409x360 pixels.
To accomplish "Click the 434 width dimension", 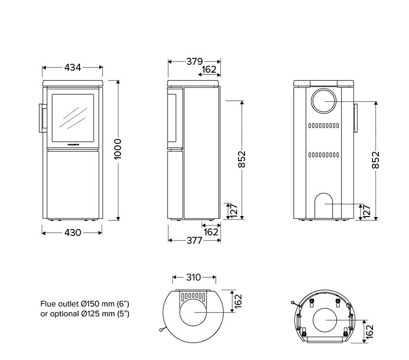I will click(73, 68).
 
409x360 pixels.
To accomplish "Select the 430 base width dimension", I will click(73, 232).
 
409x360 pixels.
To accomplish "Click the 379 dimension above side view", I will click(194, 62).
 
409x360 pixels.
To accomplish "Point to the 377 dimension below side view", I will click(194, 241).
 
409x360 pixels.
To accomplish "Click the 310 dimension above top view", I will click(194, 277).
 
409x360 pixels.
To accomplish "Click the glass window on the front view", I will click(73, 117).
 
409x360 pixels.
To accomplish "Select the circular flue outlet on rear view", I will click(324, 102).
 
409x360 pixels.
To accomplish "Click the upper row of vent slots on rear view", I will click(324, 126).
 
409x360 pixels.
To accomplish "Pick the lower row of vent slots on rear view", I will click(324, 155).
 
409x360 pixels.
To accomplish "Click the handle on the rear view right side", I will click(355, 119).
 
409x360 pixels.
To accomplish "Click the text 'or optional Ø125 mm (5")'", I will click(84, 314).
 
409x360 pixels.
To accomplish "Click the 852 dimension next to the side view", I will click(242, 159).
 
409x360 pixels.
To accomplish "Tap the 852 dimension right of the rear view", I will click(376, 160).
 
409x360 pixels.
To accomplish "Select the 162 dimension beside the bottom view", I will click(369, 330).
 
